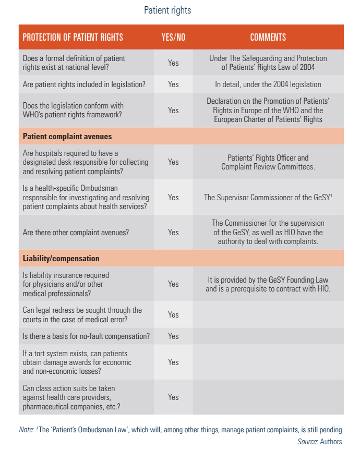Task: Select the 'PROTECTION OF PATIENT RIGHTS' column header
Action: [73, 38]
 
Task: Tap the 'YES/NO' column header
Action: [173, 38]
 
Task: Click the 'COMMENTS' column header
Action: [268, 38]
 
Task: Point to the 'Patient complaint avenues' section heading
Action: [67, 137]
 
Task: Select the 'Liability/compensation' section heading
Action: [61, 259]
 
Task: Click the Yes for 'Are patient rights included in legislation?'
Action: [173, 84]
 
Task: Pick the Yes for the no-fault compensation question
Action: [173, 336]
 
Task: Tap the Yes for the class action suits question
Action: [173, 397]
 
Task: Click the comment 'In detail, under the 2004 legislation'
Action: [268, 84]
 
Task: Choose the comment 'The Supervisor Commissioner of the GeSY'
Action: [268, 198]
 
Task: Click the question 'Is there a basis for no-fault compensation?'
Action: [86, 336]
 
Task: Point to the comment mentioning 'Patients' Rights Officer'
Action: [268, 162]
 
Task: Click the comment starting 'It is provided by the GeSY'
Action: [268, 284]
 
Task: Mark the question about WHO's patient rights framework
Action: [72, 111]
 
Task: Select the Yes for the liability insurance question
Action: [173, 284]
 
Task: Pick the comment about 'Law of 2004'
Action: [268, 63]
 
